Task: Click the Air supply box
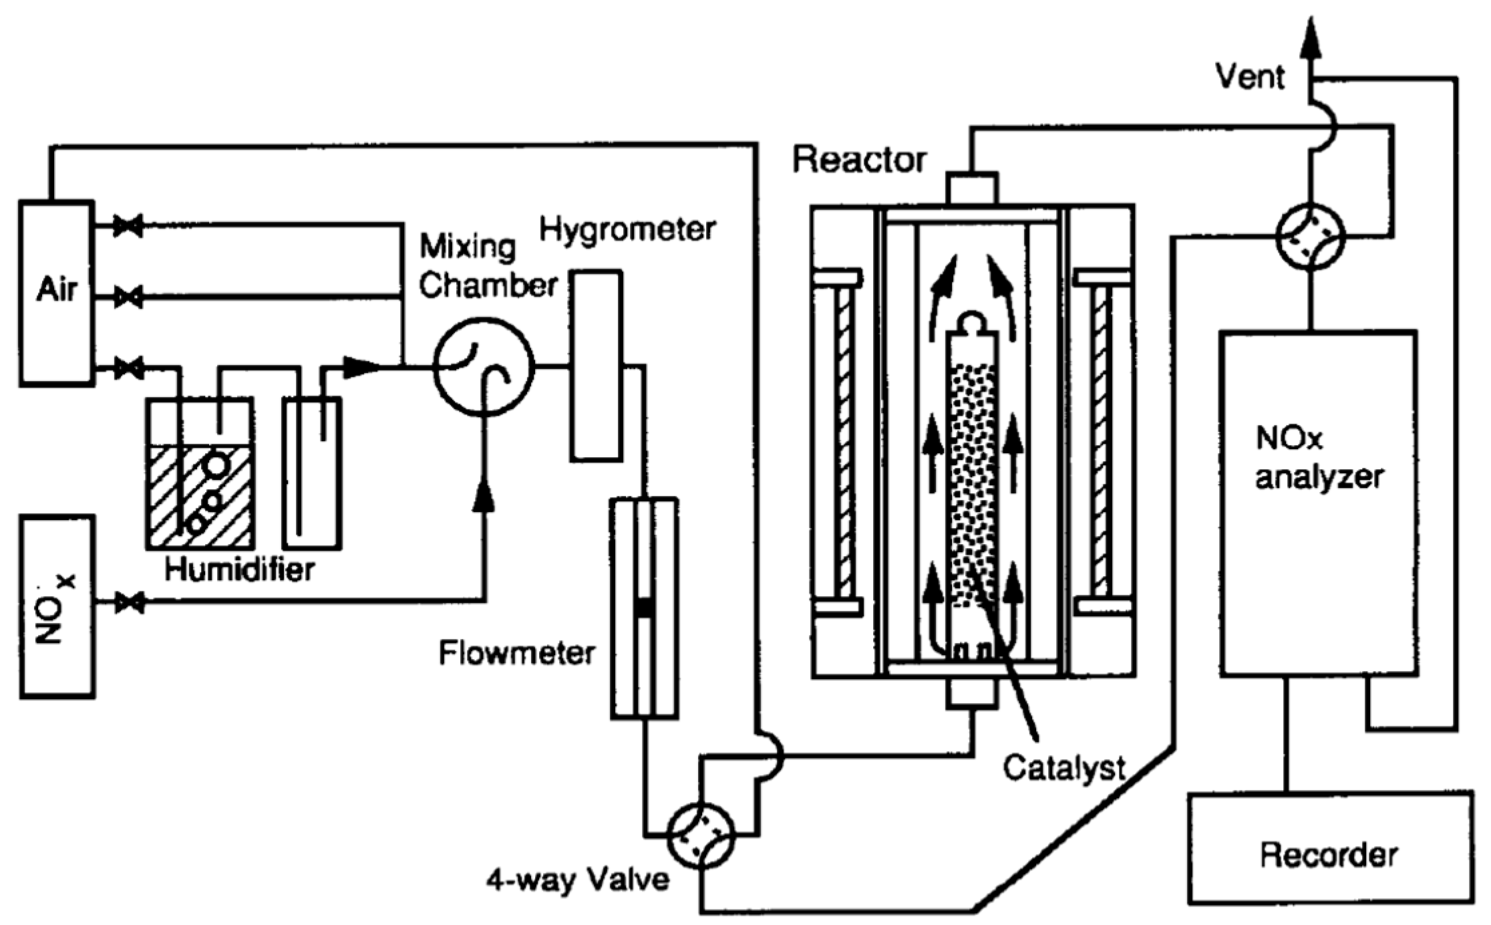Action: [56, 293]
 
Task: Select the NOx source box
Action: [57, 607]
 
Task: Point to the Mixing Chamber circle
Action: [484, 367]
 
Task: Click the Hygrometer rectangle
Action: [596, 366]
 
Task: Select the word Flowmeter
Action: [516, 653]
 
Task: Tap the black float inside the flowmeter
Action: [644, 607]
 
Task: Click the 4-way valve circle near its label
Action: [701, 835]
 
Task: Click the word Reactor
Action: [859, 159]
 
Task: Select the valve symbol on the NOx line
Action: [129, 603]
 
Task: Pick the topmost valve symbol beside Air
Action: [128, 226]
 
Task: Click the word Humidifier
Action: [240, 570]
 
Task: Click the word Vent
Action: [1249, 76]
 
